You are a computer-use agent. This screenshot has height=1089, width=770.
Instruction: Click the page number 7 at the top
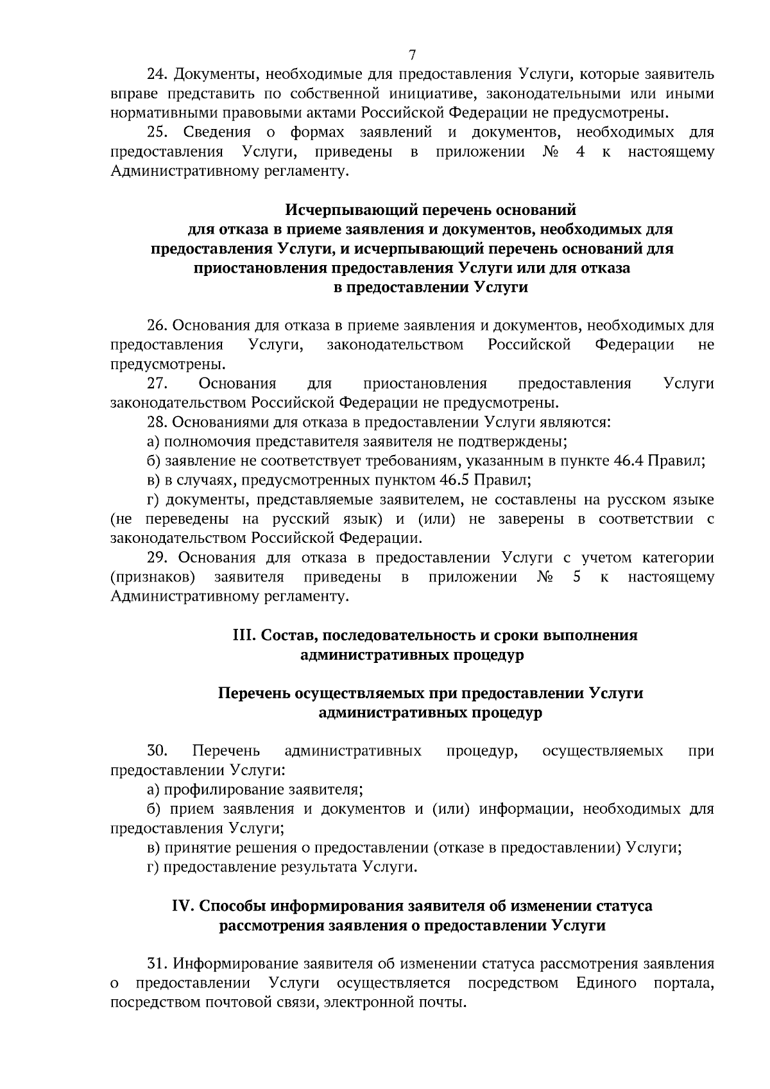(413, 55)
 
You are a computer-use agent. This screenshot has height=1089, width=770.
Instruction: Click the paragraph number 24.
(157, 74)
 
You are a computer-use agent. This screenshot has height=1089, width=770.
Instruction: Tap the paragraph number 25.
(157, 132)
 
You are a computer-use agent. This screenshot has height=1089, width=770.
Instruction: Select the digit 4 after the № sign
(579, 152)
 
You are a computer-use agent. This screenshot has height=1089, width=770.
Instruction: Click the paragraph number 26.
(157, 325)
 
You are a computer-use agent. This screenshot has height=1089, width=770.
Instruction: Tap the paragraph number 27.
(157, 384)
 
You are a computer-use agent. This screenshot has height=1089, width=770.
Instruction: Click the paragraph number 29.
(158, 558)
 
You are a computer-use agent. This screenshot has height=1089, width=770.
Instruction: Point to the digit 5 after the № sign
(577, 577)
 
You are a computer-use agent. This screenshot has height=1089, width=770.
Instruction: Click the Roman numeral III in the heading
(241, 635)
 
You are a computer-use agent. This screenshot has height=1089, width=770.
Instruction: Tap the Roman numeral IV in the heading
(182, 906)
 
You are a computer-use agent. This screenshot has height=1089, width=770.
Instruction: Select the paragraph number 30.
(157, 751)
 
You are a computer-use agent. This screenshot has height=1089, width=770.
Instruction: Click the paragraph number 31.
(157, 964)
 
